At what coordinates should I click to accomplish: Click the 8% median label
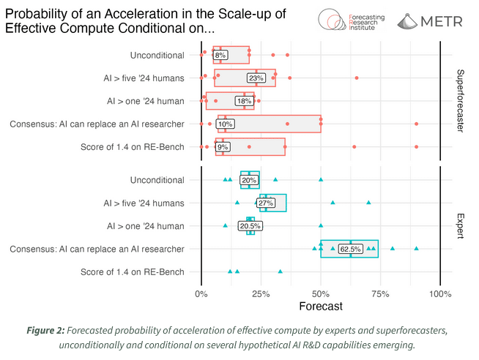[220, 55]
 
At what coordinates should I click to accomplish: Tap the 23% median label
[256, 78]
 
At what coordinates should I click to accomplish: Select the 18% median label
[243, 101]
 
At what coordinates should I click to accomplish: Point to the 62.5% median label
[351, 249]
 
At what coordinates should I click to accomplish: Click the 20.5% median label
[249, 226]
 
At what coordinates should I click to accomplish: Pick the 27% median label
[256, 203]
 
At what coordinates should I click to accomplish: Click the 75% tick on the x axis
[380, 293]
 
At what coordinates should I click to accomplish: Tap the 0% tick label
[201, 293]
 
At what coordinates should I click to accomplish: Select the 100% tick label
[439, 293]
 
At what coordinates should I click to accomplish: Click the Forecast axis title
[321, 307]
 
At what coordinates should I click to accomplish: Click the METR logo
[430, 22]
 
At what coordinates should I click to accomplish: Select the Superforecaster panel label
[460, 100]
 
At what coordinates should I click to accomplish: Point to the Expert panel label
[460, 226]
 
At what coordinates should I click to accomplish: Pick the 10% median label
[225, 124]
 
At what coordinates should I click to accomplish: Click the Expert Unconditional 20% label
[249, 180]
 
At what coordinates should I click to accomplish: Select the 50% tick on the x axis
[321, 293]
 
